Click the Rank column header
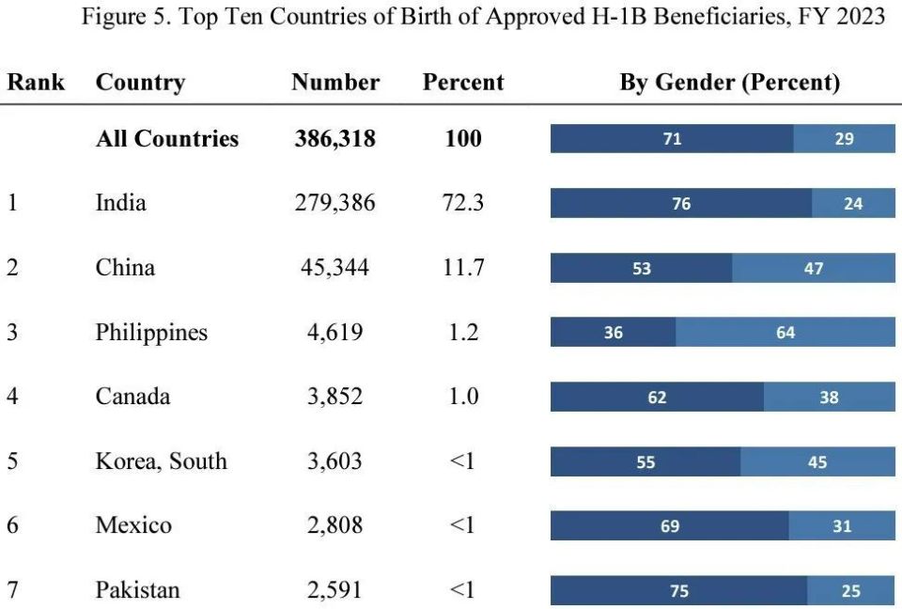point(36,83)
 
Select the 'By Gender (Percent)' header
point(729,83)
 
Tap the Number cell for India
point(334,203)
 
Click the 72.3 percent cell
point(463,203)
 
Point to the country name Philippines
point(151,333)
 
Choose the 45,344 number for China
point(334,268)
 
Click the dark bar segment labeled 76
point(681,204)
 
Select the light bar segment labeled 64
point(785,333)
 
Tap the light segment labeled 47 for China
point(814,269)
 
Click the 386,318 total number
point(334,139)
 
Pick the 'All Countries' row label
point(167,139)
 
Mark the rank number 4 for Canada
point(12,397)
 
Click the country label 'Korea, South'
point(161,461)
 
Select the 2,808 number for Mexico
point(334,525)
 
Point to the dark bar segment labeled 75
point(678,591)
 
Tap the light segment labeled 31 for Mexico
point(842,526)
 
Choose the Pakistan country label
point(137,590)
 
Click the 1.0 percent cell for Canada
point(463,397)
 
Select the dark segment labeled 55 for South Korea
point(645,462)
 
